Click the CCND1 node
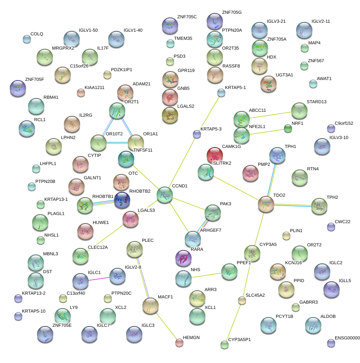[165, 195]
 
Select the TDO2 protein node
[266, 204]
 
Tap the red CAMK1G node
[215, 155]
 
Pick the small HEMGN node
[179, 343]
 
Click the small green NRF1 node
[288, 129]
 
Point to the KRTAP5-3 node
[197, 134]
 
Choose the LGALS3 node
[131, 219]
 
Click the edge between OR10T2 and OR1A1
[117, 142]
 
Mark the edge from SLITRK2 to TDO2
[236, 188]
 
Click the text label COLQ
[37, 34]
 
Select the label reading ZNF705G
[232, 13]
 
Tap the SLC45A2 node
[242, 300]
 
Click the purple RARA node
[183, 258]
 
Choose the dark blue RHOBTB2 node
[122, 200]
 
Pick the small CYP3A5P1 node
[225, 345]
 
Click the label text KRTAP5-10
[33, 311]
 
